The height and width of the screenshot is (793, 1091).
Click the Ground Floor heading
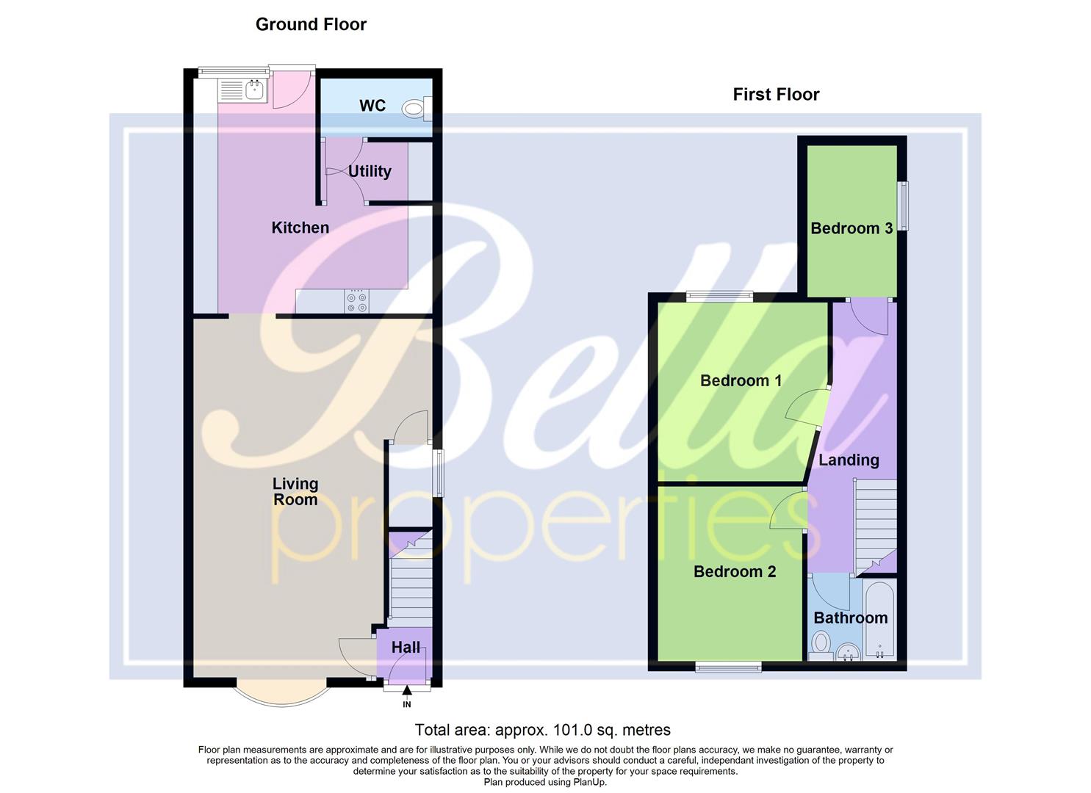(x=311, y=24)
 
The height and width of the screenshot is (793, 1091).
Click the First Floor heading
(x=776, y=94)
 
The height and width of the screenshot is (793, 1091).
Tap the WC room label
(x=372, y=106)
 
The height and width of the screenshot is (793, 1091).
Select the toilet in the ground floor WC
(x=416, y=109)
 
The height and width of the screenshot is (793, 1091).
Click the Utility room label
(x=370, y=171)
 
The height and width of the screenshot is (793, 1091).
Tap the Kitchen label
(x=300, y=228)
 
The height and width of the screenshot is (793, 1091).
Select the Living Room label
(x=295, y=491)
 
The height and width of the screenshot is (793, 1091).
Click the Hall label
(x=406, y=647)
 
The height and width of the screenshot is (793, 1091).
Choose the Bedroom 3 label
(x=851, y=228)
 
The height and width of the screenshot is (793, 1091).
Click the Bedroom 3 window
(x=904, y=206)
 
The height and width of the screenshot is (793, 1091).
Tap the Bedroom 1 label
(x=741, y=380)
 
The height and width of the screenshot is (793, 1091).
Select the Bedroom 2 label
(x=735, y=571)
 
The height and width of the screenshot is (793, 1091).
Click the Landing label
(x=849, y=460)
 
